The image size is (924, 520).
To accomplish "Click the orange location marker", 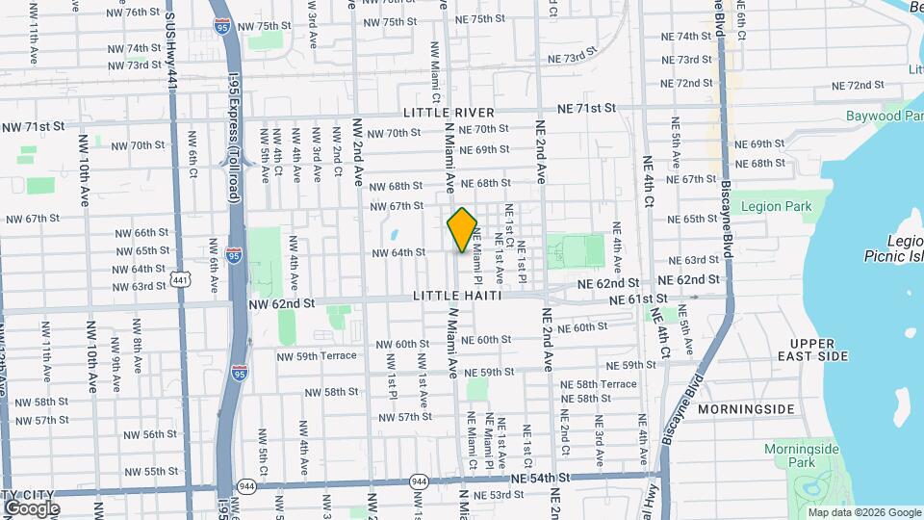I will [x=462, y=230].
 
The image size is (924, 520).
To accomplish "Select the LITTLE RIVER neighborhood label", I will [x=449, y=113].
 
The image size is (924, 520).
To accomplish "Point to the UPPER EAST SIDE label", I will [x=819, y=350].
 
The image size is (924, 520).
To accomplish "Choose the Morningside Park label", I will [x=802, y=455].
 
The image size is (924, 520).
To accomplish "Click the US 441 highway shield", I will [x=180, y=279].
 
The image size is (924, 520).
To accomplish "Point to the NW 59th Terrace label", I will [x=318, y=355].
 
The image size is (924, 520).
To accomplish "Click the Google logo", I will [x=31, y=508].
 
